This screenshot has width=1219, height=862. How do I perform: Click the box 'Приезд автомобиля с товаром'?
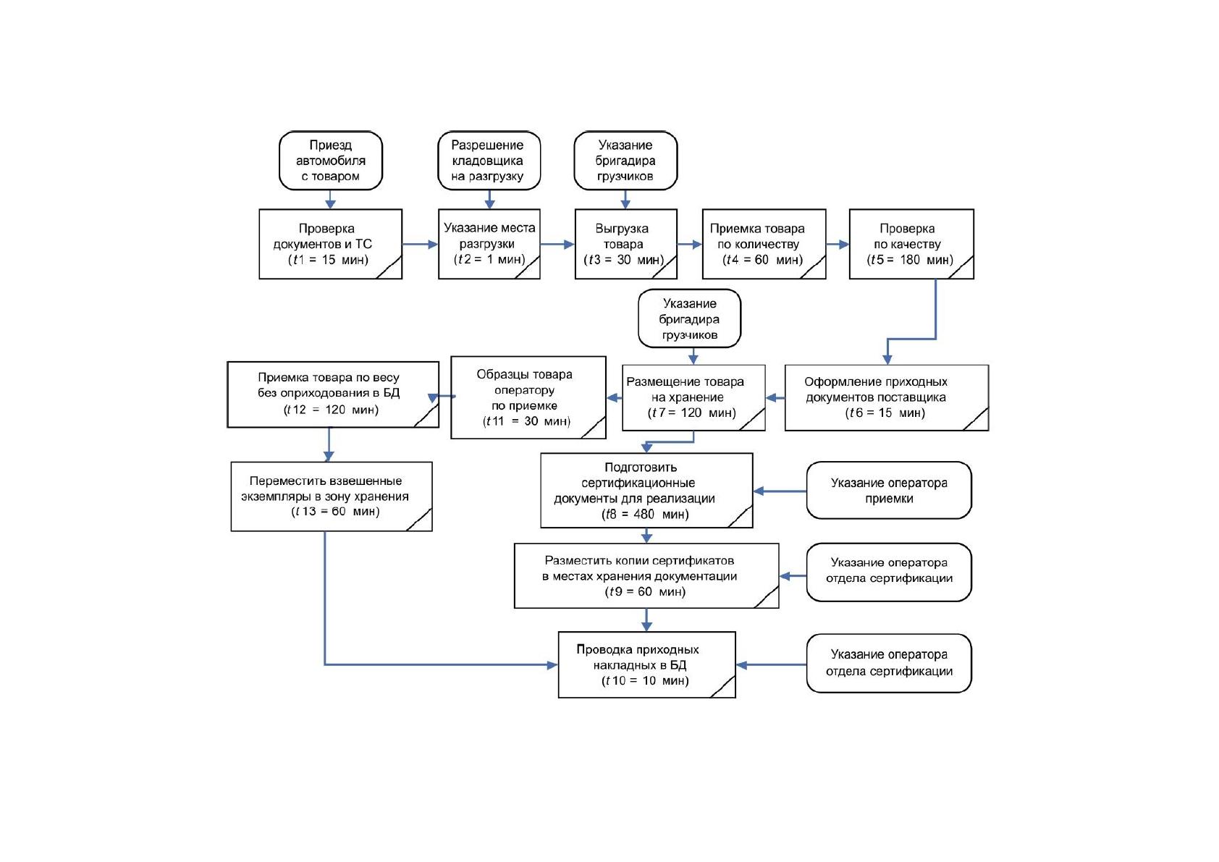click(x=330, y=161)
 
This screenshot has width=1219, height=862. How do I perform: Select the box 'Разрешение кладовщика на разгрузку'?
click(x=489, y=161)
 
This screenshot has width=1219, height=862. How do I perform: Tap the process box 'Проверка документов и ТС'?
click(x=330, y=244)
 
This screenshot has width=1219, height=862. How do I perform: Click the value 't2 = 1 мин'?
click(x=489, y=259)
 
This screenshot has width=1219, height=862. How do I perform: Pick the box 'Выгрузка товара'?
click(x=626, y=244)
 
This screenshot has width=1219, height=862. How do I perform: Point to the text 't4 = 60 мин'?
click(x=762, y=260)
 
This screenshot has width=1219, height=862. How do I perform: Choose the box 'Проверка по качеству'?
click(x=911, y=244)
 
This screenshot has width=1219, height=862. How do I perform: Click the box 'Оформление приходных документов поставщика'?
click(x=887, y=398)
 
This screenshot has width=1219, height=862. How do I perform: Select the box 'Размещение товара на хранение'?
click(x=693, y=398)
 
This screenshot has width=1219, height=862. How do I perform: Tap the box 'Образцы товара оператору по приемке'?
click(x=528, y=397)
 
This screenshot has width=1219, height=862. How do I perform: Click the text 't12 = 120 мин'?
click(x=331, y=409)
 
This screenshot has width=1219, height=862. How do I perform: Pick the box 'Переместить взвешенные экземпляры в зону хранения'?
click(x=332, y=497)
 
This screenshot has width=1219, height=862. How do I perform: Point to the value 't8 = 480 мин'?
click(x=645, y=514)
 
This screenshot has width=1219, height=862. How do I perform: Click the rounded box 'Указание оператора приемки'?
click(x=889, y=490)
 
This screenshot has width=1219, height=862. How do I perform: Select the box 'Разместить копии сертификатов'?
click(x=646, y=576)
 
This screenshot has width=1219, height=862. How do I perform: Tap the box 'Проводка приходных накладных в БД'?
click(x=646, y=664)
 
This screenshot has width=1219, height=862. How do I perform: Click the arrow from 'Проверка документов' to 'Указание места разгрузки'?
click(x=420, y=245)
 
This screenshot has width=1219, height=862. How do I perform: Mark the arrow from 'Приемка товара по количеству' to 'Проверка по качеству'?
click(x=838, y=245)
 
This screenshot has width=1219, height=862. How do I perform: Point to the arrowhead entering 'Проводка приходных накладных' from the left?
click(x=552, y=664)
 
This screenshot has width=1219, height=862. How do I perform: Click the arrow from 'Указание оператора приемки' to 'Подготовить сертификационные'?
click(x=780, y=491)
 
